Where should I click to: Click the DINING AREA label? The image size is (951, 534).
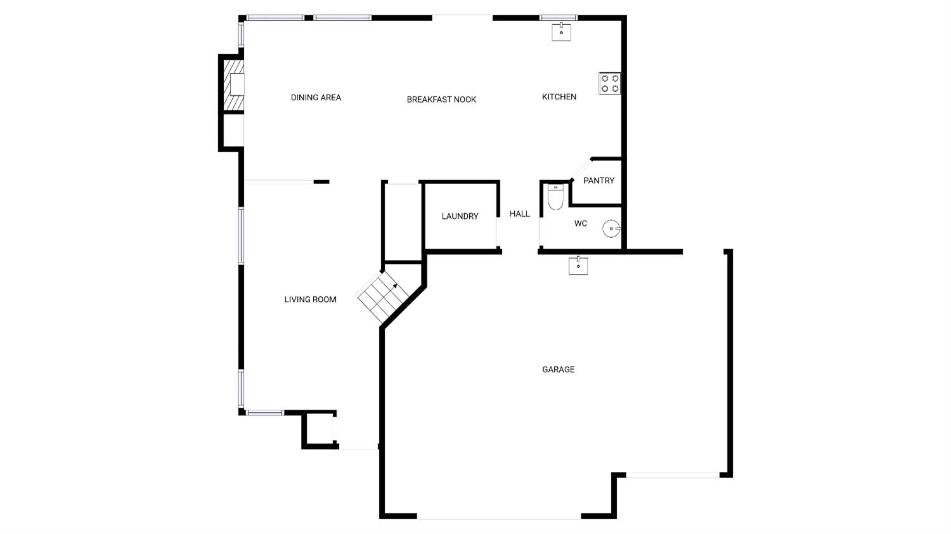point(316,98)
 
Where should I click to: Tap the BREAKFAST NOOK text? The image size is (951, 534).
point(441,100)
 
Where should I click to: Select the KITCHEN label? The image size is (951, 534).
point(559,97)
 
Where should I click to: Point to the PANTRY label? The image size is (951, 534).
point(598,181)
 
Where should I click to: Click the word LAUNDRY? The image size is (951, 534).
point(460,216)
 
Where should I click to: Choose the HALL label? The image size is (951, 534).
point(519,214)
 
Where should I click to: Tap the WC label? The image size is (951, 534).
point(580,223)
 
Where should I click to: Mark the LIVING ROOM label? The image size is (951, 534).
point(310,299)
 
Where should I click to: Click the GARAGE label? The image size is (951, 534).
point(558,369)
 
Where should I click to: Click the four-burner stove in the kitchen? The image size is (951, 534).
point(610,84)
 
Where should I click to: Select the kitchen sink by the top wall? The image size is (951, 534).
point(561,32)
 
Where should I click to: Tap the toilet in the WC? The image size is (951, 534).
point(555,197)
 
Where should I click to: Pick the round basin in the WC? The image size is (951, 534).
point(611,228)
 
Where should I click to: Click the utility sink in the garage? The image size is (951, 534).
point(578,266)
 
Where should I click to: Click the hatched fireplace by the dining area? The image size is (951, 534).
point(235,84)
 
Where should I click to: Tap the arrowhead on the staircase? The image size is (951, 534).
point(394,286)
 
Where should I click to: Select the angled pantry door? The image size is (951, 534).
point(580,169)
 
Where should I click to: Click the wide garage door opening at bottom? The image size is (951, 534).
point(498,518)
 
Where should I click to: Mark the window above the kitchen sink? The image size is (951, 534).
point(558,18)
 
